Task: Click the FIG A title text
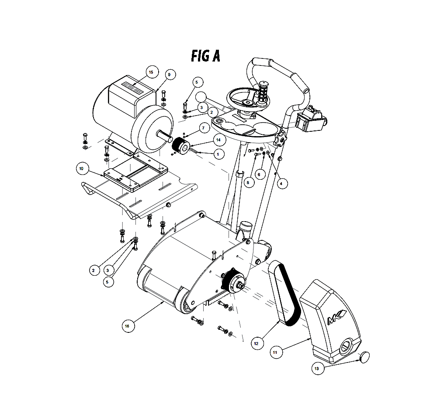(205, 56)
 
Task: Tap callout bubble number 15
(151, 72)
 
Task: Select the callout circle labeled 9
(170, 75)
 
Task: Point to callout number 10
(81, 168)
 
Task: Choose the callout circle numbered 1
(218, 154)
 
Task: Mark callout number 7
(204, 128)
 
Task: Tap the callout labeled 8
(248, 183)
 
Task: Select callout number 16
(127, 325)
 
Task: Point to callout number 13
(316, 369)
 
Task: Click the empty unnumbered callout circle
(201, 97)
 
